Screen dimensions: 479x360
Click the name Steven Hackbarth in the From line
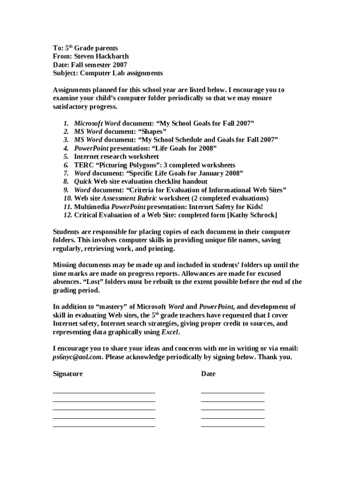click(x=101, y=56)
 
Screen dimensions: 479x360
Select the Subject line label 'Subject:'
click(x=65, y=73)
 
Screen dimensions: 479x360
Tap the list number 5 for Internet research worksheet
click(x=66, y=157)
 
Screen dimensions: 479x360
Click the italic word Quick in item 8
click(x=83, y=181)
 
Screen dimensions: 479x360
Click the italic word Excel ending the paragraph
click(x=169, y=332)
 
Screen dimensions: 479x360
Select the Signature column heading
click(x=67, y=374)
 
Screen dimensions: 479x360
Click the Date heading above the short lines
click(x=208, y=374)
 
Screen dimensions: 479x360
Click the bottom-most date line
click(x=232, y=426)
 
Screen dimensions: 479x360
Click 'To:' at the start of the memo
click(x=58, y=48)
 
